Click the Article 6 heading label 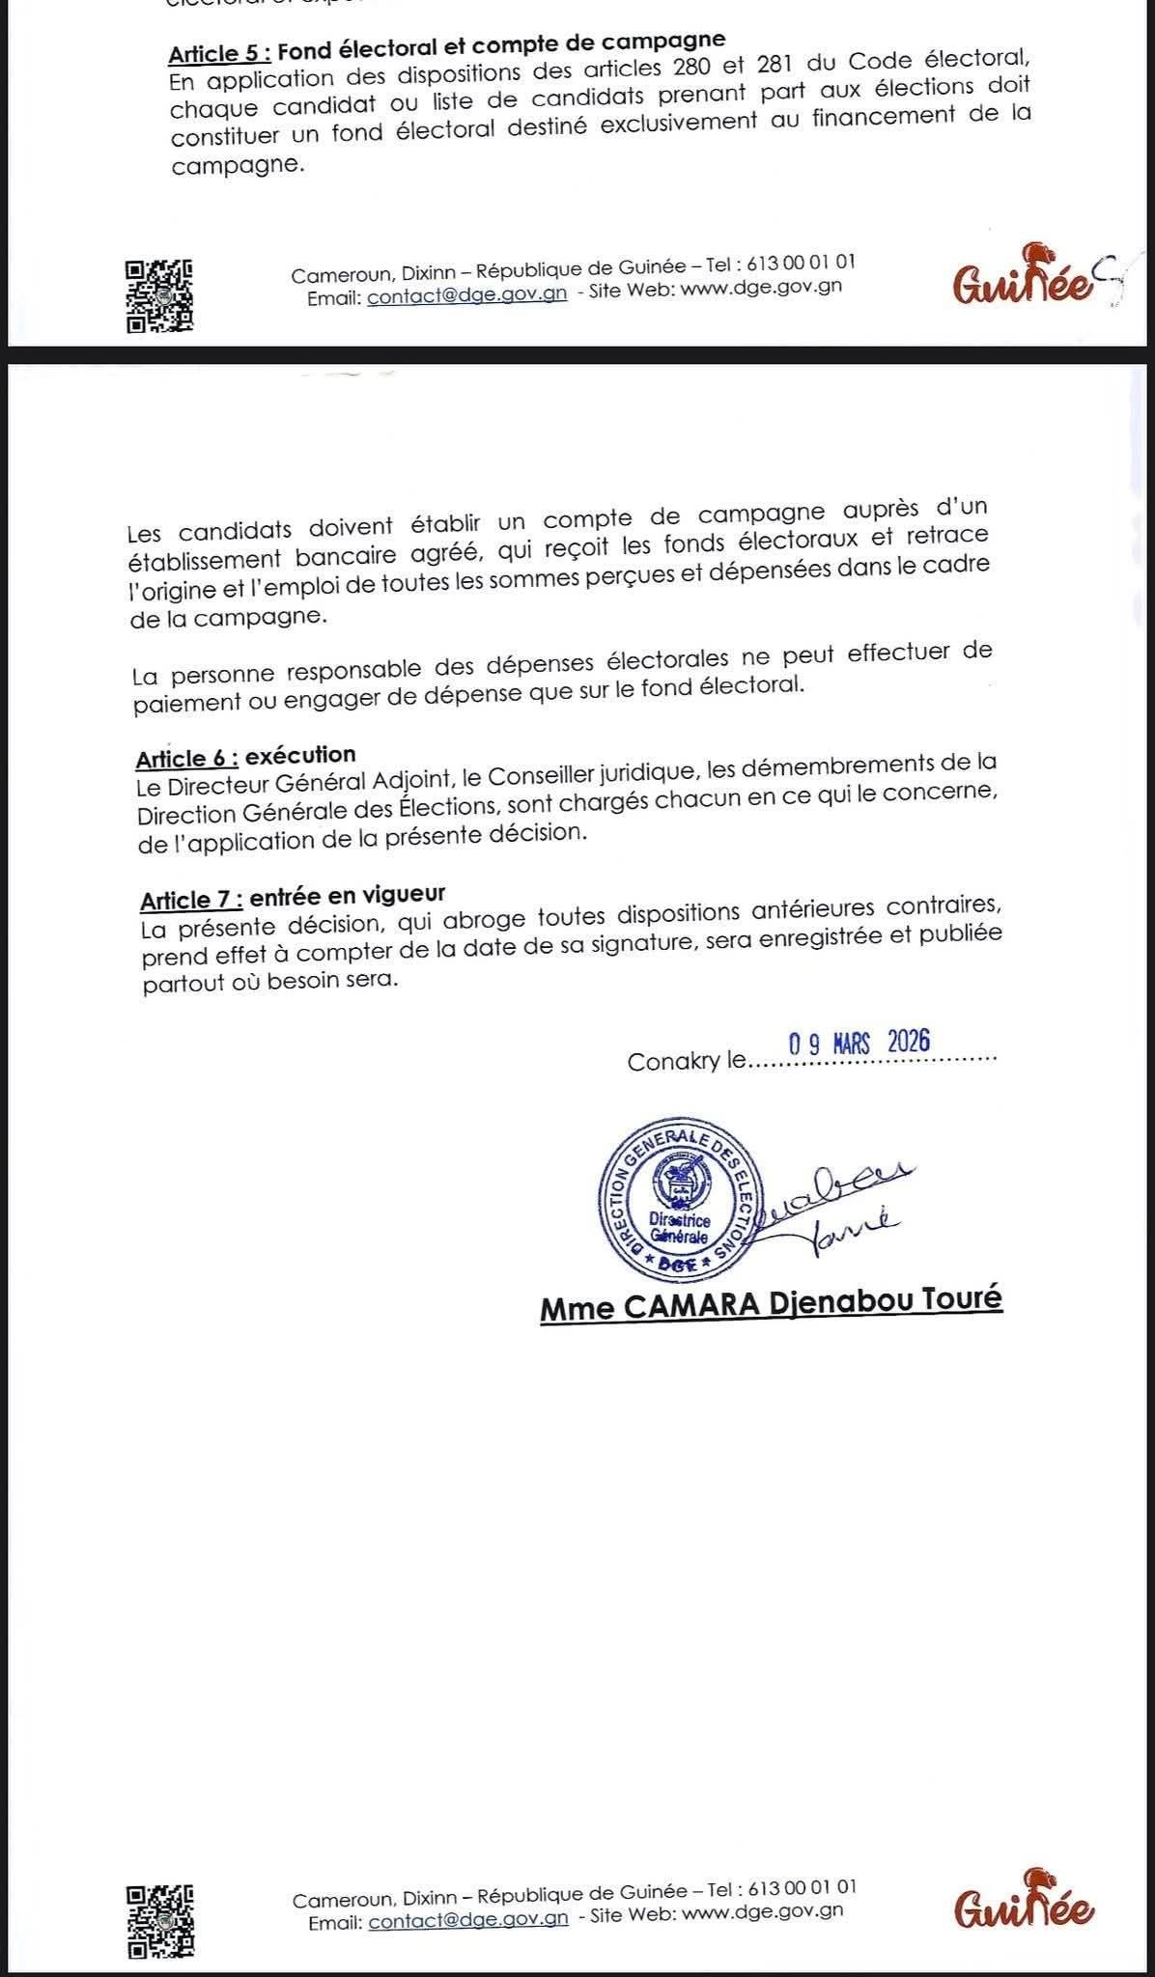click(186, 759)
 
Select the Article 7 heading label click(191, 901)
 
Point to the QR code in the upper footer click(159, 296)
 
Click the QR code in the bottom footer click(161, 1920)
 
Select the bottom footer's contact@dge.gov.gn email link click(467, 1920)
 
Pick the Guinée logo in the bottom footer click(1024, 1906)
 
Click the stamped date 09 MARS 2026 click(859, 1043)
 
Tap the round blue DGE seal click(680, 1198)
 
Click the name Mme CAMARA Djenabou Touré click(771, 1304)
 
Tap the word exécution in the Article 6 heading click(300, 754)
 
